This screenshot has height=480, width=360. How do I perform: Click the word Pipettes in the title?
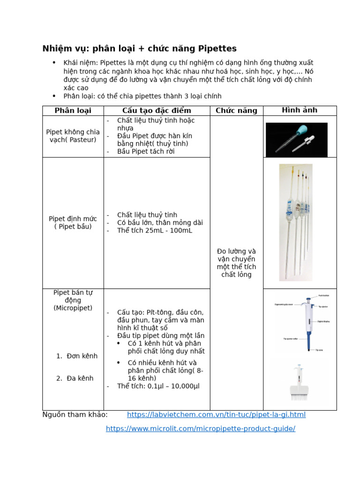pos(217,49)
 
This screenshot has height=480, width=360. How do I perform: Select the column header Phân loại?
pos(73,111)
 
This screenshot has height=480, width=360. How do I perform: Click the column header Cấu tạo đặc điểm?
pos(157,111)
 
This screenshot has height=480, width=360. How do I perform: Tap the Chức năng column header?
pos(236,111)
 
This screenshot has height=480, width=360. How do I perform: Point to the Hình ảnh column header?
pos(300,110)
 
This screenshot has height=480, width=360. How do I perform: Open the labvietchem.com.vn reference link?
pos(216,415)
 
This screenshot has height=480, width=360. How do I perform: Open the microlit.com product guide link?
pos(201,429)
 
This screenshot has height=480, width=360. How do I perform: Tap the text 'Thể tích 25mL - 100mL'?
pos(155,231)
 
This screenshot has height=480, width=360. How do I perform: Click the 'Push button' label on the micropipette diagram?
pos(324,296)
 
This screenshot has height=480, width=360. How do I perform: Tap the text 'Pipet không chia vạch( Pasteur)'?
pos(73,136)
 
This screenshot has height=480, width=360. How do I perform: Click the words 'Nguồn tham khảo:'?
pos(75,415)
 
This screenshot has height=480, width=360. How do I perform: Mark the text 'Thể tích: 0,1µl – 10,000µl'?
pos(158,386)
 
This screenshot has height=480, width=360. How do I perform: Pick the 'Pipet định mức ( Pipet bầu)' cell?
pos(73,223)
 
